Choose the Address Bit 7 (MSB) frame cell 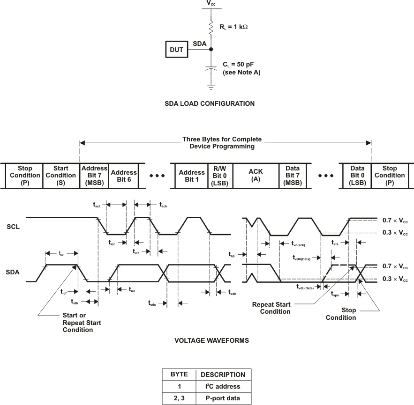pyautogui.click(x=94, y=175)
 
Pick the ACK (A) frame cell pyautogui.click(x=256, y=175)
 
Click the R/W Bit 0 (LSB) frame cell pyautogui.click(x=220, y=175)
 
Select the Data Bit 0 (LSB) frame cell pyautogui.click(x=357, y=175)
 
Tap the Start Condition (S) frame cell pyautogui.click(x=61, y=175)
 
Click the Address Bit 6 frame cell pyautogui.click(x=124, y=175)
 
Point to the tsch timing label pyautogui.click(x=163, y=205)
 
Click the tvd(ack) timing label pyautogui.click(x=301, y=243)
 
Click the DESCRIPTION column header pyautogui.click(x=223, y=375)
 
